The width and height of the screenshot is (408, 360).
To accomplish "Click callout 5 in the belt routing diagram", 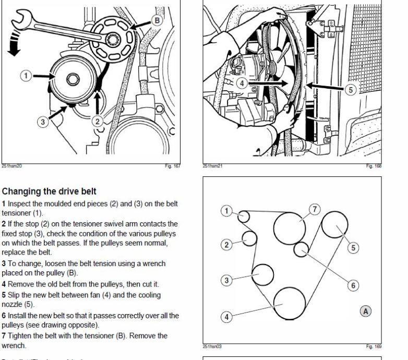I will pyautogui.click(x=355, y=248).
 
